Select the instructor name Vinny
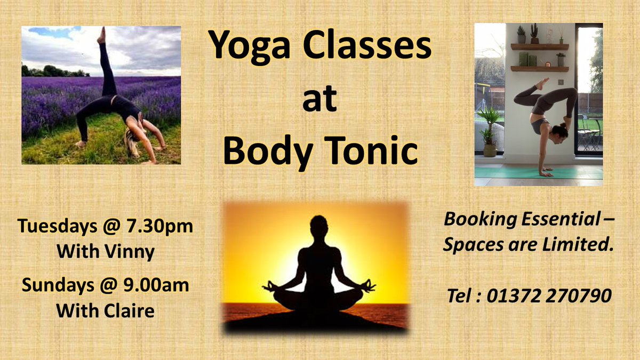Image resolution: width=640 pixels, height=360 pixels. point(132,251)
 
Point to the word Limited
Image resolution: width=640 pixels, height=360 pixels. point(578,246)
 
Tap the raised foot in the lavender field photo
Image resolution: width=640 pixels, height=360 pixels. point(101,34)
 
